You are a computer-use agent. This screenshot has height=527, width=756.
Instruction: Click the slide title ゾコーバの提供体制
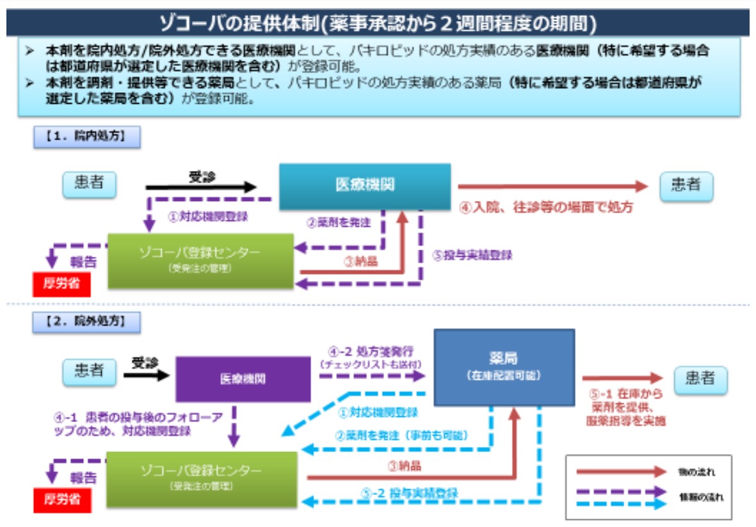(378, 23)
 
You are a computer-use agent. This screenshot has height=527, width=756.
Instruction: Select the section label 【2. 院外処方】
(86, 321)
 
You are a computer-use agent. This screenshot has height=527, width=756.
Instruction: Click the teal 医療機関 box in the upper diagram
(365, 186)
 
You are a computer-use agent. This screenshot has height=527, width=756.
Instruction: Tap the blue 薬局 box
(504, 367)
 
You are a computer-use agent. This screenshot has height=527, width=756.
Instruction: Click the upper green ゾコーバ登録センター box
(200, 260)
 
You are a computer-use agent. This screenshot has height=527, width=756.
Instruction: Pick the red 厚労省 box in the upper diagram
(61, 284)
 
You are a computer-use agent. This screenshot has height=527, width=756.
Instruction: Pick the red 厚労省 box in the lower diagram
(62, 499)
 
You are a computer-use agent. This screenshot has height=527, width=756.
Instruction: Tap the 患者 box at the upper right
(686, 186)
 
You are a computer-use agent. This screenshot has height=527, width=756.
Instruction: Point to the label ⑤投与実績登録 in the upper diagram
(472, 255)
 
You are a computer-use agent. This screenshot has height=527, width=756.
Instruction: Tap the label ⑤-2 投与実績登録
(410, 492)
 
